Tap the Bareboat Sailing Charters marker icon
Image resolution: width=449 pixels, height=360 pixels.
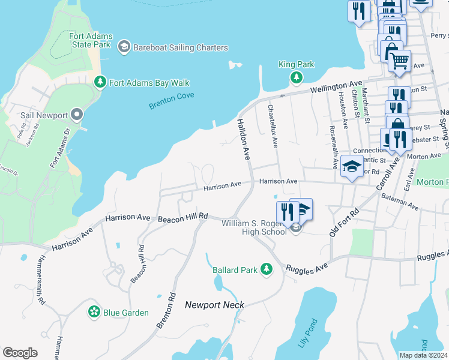[124, 47]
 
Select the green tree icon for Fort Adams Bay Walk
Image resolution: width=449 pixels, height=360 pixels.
[100, 82]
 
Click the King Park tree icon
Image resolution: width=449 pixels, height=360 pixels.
[296, 77]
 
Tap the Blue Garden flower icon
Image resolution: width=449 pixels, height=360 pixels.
[94, 311]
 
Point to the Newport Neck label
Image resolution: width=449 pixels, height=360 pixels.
[214, 305]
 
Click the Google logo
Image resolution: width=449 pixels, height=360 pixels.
[20, 353]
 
